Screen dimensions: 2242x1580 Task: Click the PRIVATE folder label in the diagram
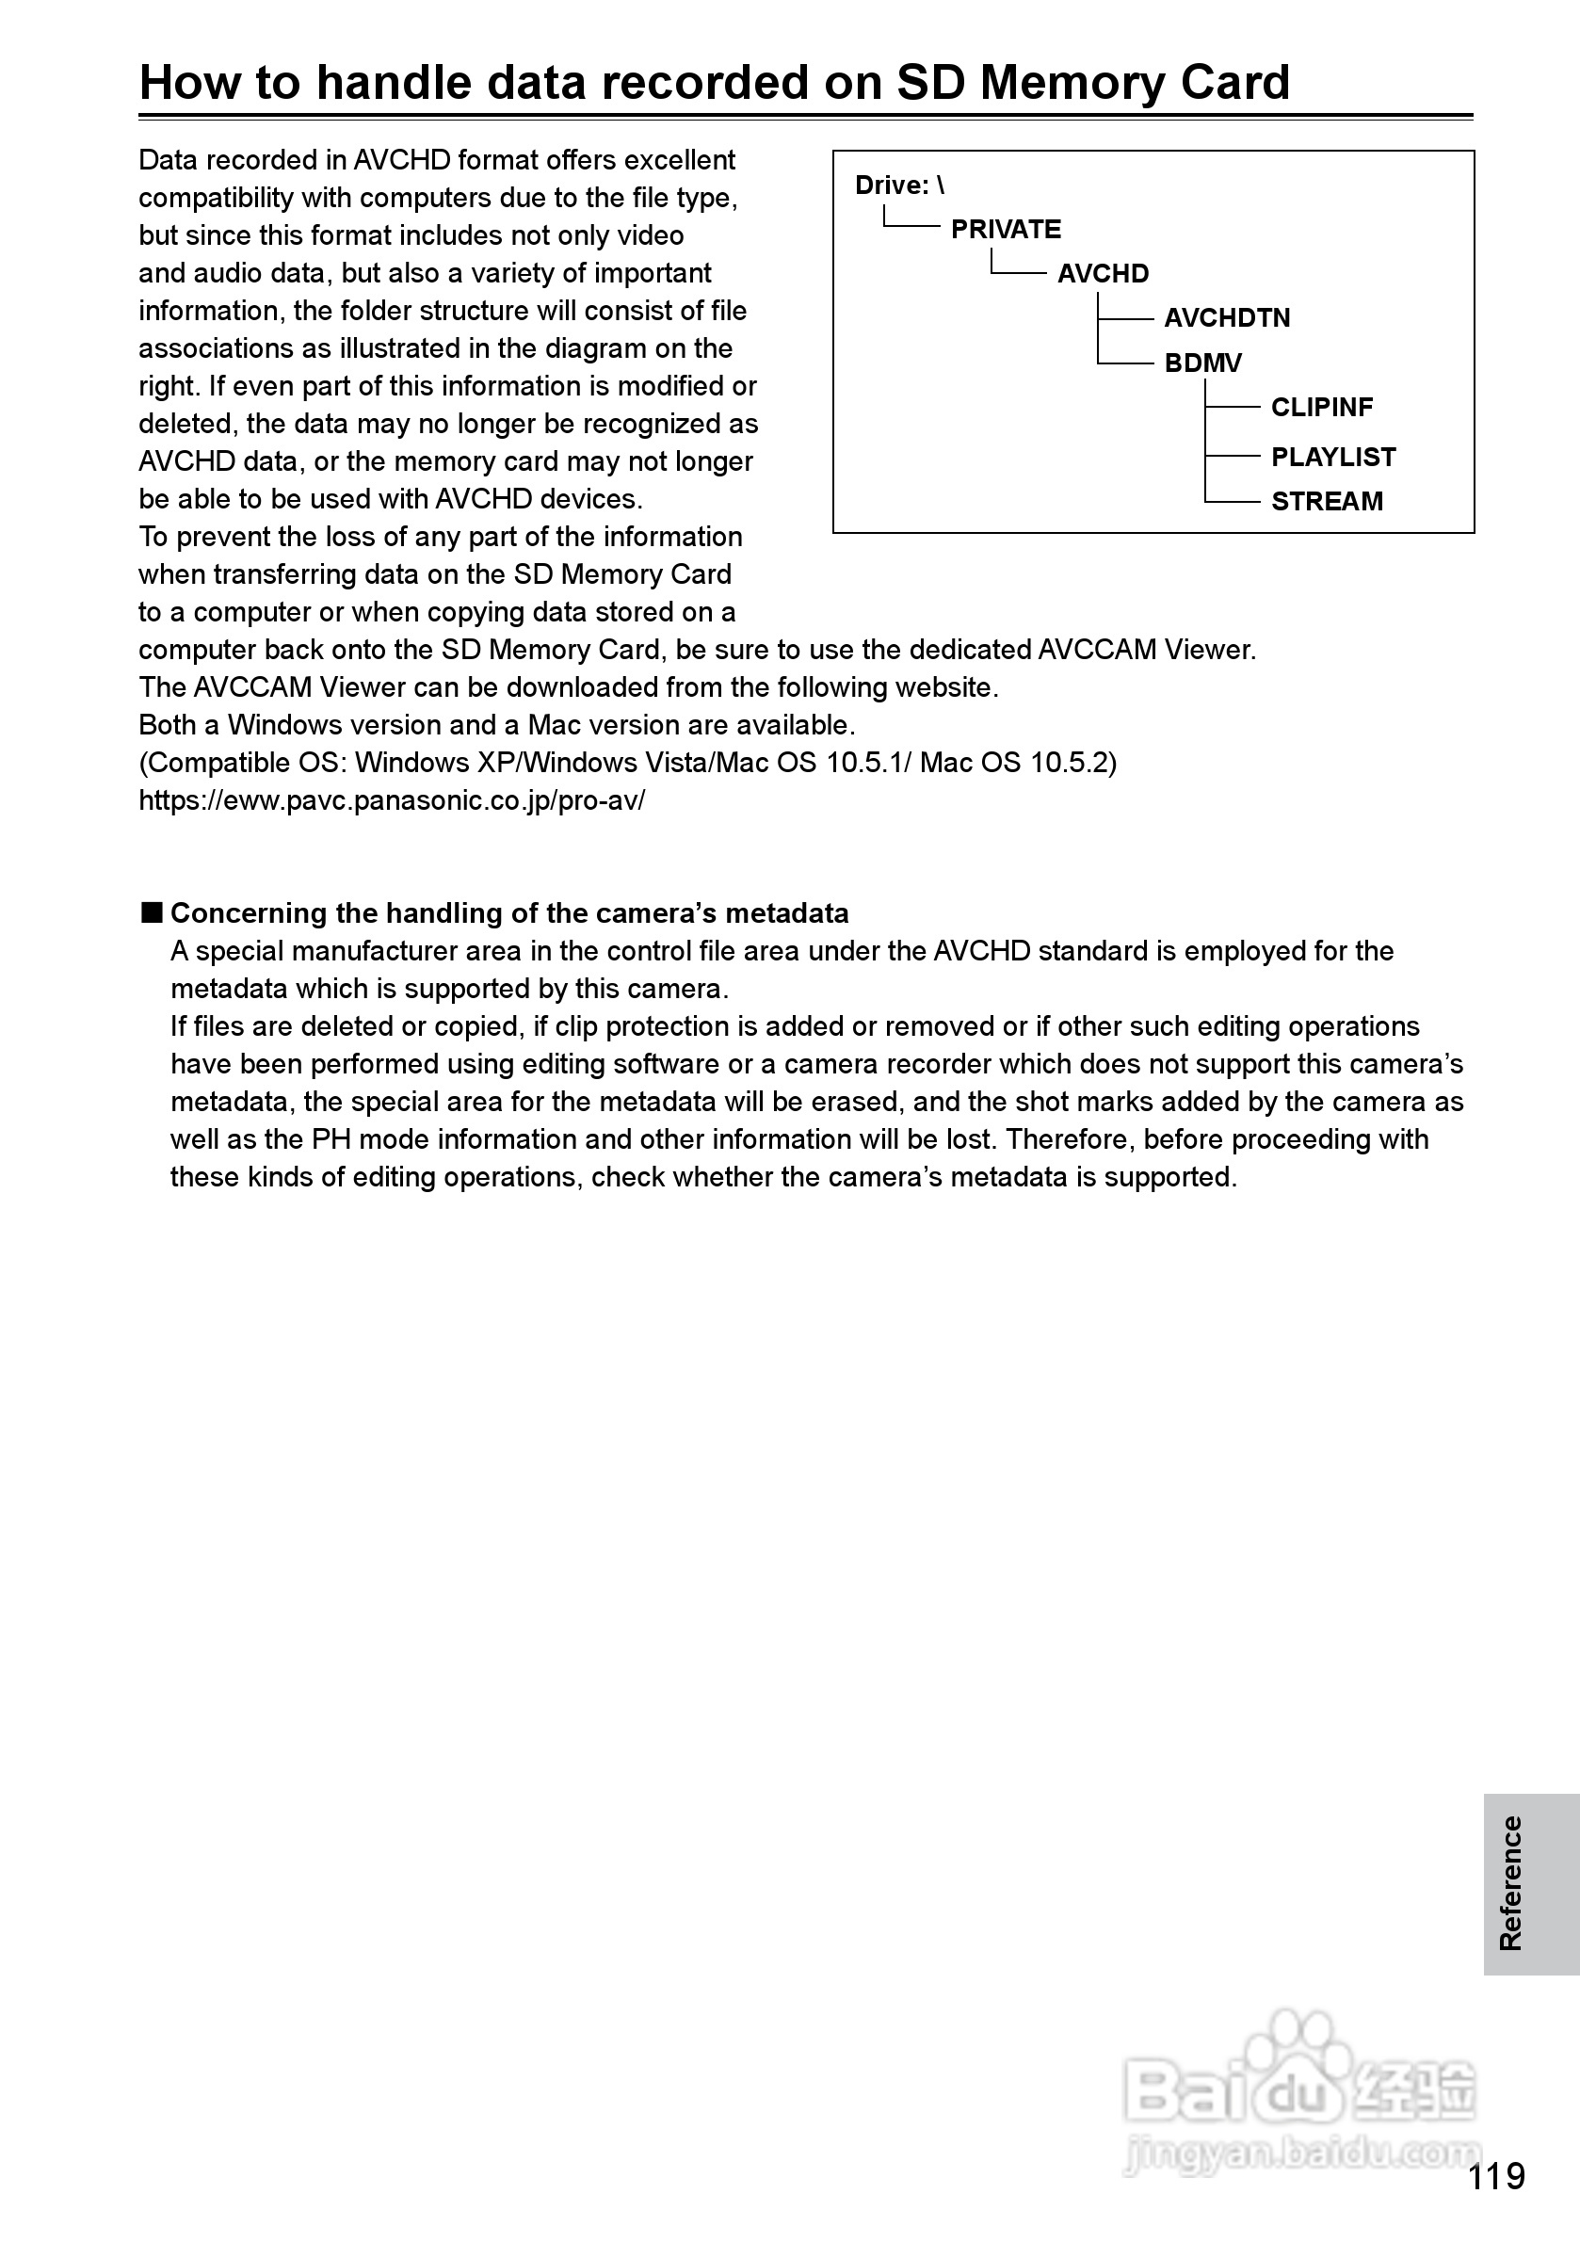tap(1006, 230)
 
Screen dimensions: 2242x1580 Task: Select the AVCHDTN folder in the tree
tap(1227, 318)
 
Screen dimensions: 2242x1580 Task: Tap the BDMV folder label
tap(1202, 363)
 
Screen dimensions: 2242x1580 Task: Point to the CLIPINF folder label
tap(1321, 407)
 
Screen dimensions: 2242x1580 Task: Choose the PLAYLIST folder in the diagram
tap(1333, 457)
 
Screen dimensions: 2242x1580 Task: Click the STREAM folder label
tap(1326, 502)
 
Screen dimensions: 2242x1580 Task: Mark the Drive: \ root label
tap(899, 185)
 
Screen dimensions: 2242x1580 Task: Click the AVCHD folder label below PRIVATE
tap(1103, 273)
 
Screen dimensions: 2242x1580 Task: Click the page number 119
tap(1496, 2177)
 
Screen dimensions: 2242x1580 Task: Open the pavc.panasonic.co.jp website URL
tap(392, 800)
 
